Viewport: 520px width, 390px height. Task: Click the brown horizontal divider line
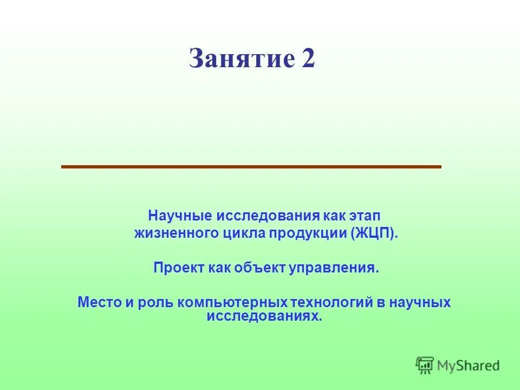click(x=251, y=167)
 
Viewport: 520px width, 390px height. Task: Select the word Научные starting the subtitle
click(x=180, y=215)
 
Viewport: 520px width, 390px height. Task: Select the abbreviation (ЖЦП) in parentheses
click(x=375, y=233)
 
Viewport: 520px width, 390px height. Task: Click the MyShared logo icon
click(x=425, y=365)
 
